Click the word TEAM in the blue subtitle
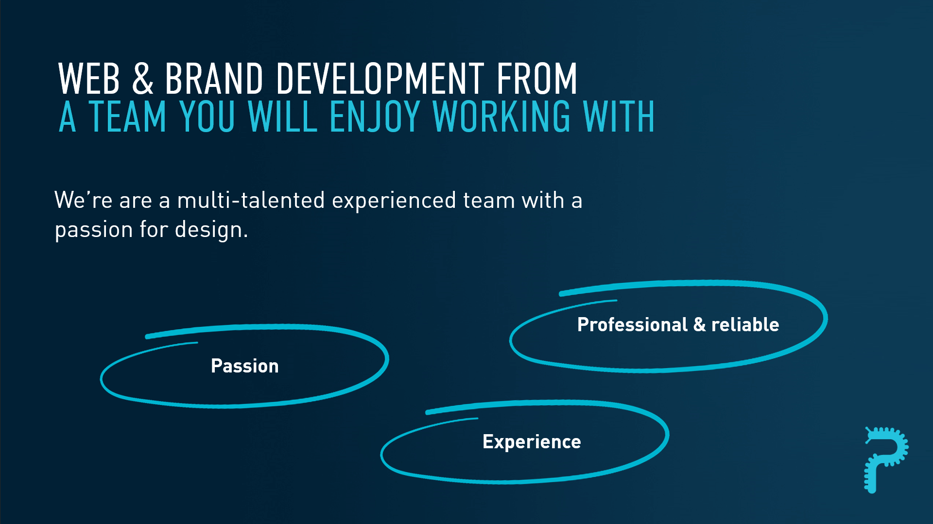click(x=128, y=117)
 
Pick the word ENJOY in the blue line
click(x=375, y=117)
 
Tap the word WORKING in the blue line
click(x=501, y=117)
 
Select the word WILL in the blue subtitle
click(x=283, y=117)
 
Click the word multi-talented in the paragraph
click(x=251, y=200)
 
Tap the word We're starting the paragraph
click(x=84, y=200)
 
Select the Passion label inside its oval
click(x=245, y=366)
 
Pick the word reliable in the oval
click(x=745, y=324)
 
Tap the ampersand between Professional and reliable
click(x=700, y=324)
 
